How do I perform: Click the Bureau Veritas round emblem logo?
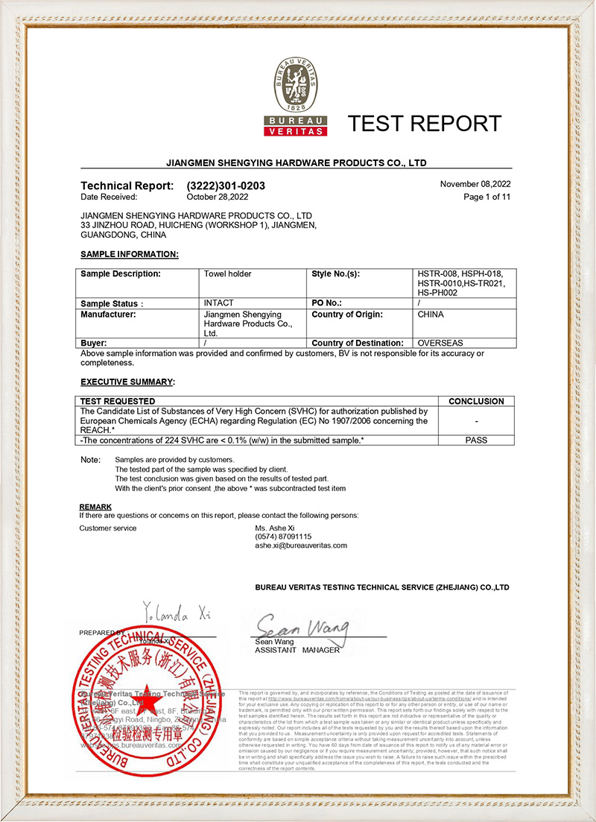tap(297, 85)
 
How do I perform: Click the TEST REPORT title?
tap(425, 123)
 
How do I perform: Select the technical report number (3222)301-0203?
tap(226, 186)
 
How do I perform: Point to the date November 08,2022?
tap(475, 184)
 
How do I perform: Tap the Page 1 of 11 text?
tap(487, 197)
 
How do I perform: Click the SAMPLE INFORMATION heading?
tap(129, 254)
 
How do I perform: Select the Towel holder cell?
tap(227, 274)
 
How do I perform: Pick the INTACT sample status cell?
tap(218, 303)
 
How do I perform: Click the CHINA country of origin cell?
tap(431, 314)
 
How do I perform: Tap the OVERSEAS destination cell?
tap(440, 343)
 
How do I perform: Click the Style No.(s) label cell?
tap(336, 274)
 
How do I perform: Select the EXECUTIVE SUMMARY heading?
tap(127, 382)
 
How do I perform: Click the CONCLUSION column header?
tap(476, 401)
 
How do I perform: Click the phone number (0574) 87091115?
tap(283, 537)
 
